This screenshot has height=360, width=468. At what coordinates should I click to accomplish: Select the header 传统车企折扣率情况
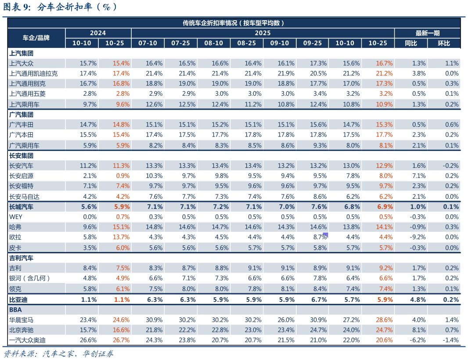point(234,23)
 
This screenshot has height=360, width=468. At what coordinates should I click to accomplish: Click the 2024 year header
point(98,33)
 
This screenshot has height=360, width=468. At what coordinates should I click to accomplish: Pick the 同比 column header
point(411,43)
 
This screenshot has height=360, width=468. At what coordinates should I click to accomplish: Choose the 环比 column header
point(444,43)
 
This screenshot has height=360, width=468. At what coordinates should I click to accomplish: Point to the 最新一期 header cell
point(427,33)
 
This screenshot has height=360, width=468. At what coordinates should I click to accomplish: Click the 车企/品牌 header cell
point(36,38)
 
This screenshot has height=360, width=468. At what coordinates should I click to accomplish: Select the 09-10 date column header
point(279,43)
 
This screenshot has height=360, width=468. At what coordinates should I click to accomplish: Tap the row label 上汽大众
point(22,63)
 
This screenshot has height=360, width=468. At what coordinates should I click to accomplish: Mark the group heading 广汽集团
point(22,115)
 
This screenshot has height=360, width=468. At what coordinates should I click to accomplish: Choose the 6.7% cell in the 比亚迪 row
point(313,299)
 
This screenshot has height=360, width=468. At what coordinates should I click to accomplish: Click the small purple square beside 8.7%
point(325,235)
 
